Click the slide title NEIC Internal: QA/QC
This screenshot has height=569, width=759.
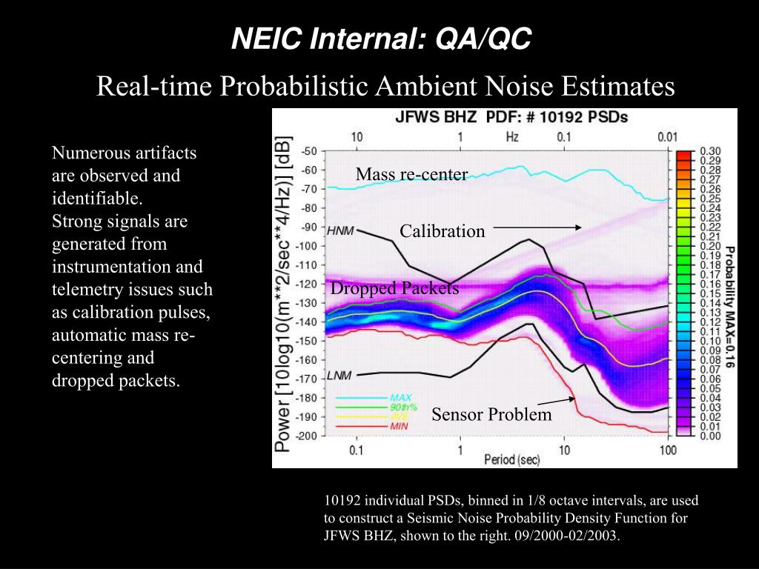381,39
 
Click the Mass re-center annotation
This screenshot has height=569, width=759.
411,174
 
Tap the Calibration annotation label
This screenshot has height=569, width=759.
442,231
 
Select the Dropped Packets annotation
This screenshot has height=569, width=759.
394,288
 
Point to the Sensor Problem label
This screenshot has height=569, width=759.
491,414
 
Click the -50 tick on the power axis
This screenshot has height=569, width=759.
309,151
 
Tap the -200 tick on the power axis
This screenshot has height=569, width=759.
307,436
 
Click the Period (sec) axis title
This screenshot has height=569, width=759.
512,460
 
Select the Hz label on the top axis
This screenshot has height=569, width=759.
512,136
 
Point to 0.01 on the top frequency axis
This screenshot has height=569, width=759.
669,136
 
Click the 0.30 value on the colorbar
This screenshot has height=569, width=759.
710,151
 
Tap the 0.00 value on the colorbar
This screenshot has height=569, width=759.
710,436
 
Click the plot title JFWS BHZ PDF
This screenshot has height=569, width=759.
511,118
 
